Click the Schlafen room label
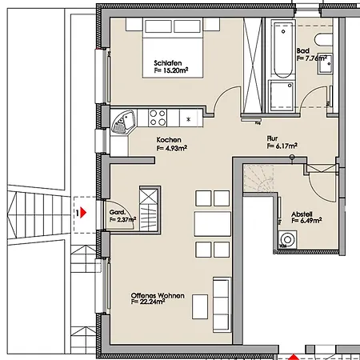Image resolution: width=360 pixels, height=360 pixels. click(x=168, y=63)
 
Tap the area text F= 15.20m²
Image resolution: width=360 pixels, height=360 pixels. click(x=171, y=70)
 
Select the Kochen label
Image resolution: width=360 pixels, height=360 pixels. click(x=169, y=140)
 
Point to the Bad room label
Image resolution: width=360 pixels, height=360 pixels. click(x=303, y=50)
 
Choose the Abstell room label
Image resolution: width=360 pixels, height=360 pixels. click(x=302, y=214)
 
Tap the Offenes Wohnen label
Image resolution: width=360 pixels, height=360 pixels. click(x=158, y=295)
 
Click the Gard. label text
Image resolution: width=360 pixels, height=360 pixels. click(x=117, y=213)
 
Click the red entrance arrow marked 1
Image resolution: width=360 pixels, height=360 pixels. click(x=83, y=213)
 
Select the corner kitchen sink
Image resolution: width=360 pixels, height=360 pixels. click(x=122, y=122)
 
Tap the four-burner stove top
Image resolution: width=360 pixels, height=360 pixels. click(x=158, y=118)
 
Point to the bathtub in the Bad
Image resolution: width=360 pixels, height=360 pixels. click(x=283, y=50)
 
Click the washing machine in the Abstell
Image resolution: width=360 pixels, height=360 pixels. click(x=287, y=239)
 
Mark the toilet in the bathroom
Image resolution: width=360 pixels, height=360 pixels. click(x=323, y=40)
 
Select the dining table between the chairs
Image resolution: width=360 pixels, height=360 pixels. click(x=213, y=224)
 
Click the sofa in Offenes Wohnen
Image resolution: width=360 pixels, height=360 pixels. click(x=221, y=305)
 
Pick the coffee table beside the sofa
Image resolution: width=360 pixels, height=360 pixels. click(x=200, y=306)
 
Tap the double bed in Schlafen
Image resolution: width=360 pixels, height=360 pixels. click(x=173, y=48)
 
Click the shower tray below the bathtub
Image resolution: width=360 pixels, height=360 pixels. click(x=282, y=95)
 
